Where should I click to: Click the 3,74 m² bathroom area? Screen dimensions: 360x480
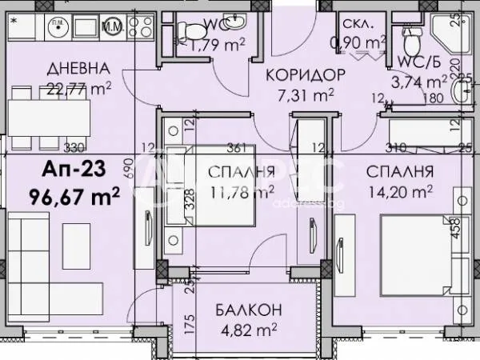coord(419,80)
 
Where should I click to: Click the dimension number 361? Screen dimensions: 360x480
coord(235,147)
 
